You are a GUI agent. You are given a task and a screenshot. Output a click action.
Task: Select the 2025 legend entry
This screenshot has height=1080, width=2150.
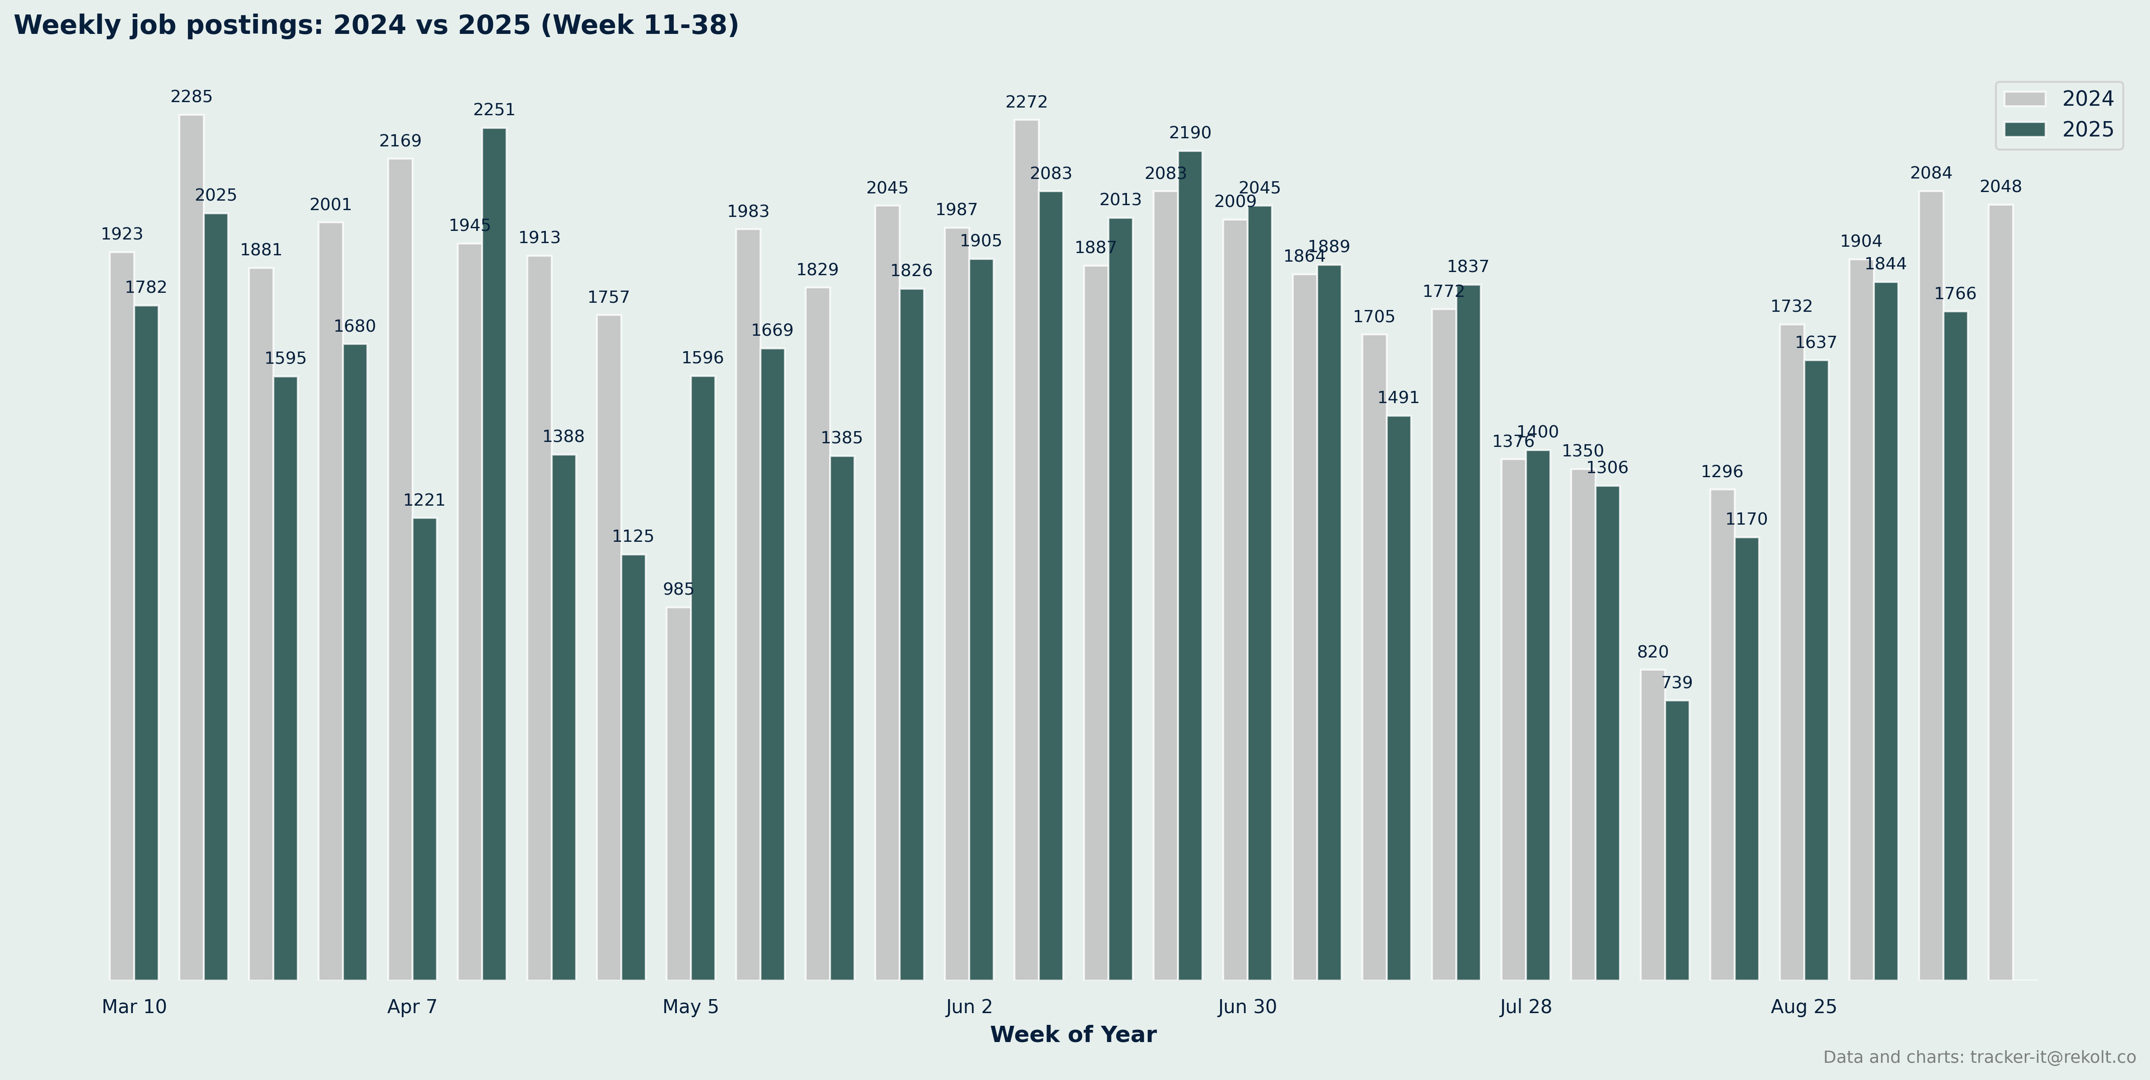[2058, 129]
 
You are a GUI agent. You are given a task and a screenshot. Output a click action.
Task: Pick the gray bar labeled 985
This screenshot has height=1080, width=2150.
[679, 793]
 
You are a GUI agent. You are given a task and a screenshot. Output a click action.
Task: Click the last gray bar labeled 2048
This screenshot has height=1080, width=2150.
[2000, 592]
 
